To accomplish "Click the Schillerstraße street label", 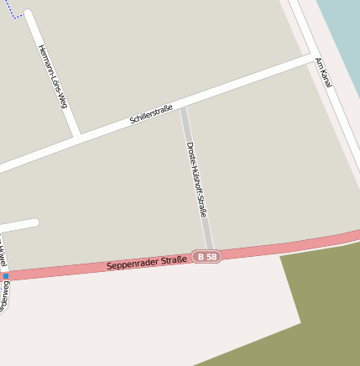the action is point(151,115).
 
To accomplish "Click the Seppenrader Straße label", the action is point(147,264).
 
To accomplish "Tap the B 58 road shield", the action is point(206,256).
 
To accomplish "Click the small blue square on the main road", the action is point(5,275).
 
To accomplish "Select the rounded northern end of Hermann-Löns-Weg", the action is point(29,14).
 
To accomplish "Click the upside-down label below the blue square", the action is point(4,295).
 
